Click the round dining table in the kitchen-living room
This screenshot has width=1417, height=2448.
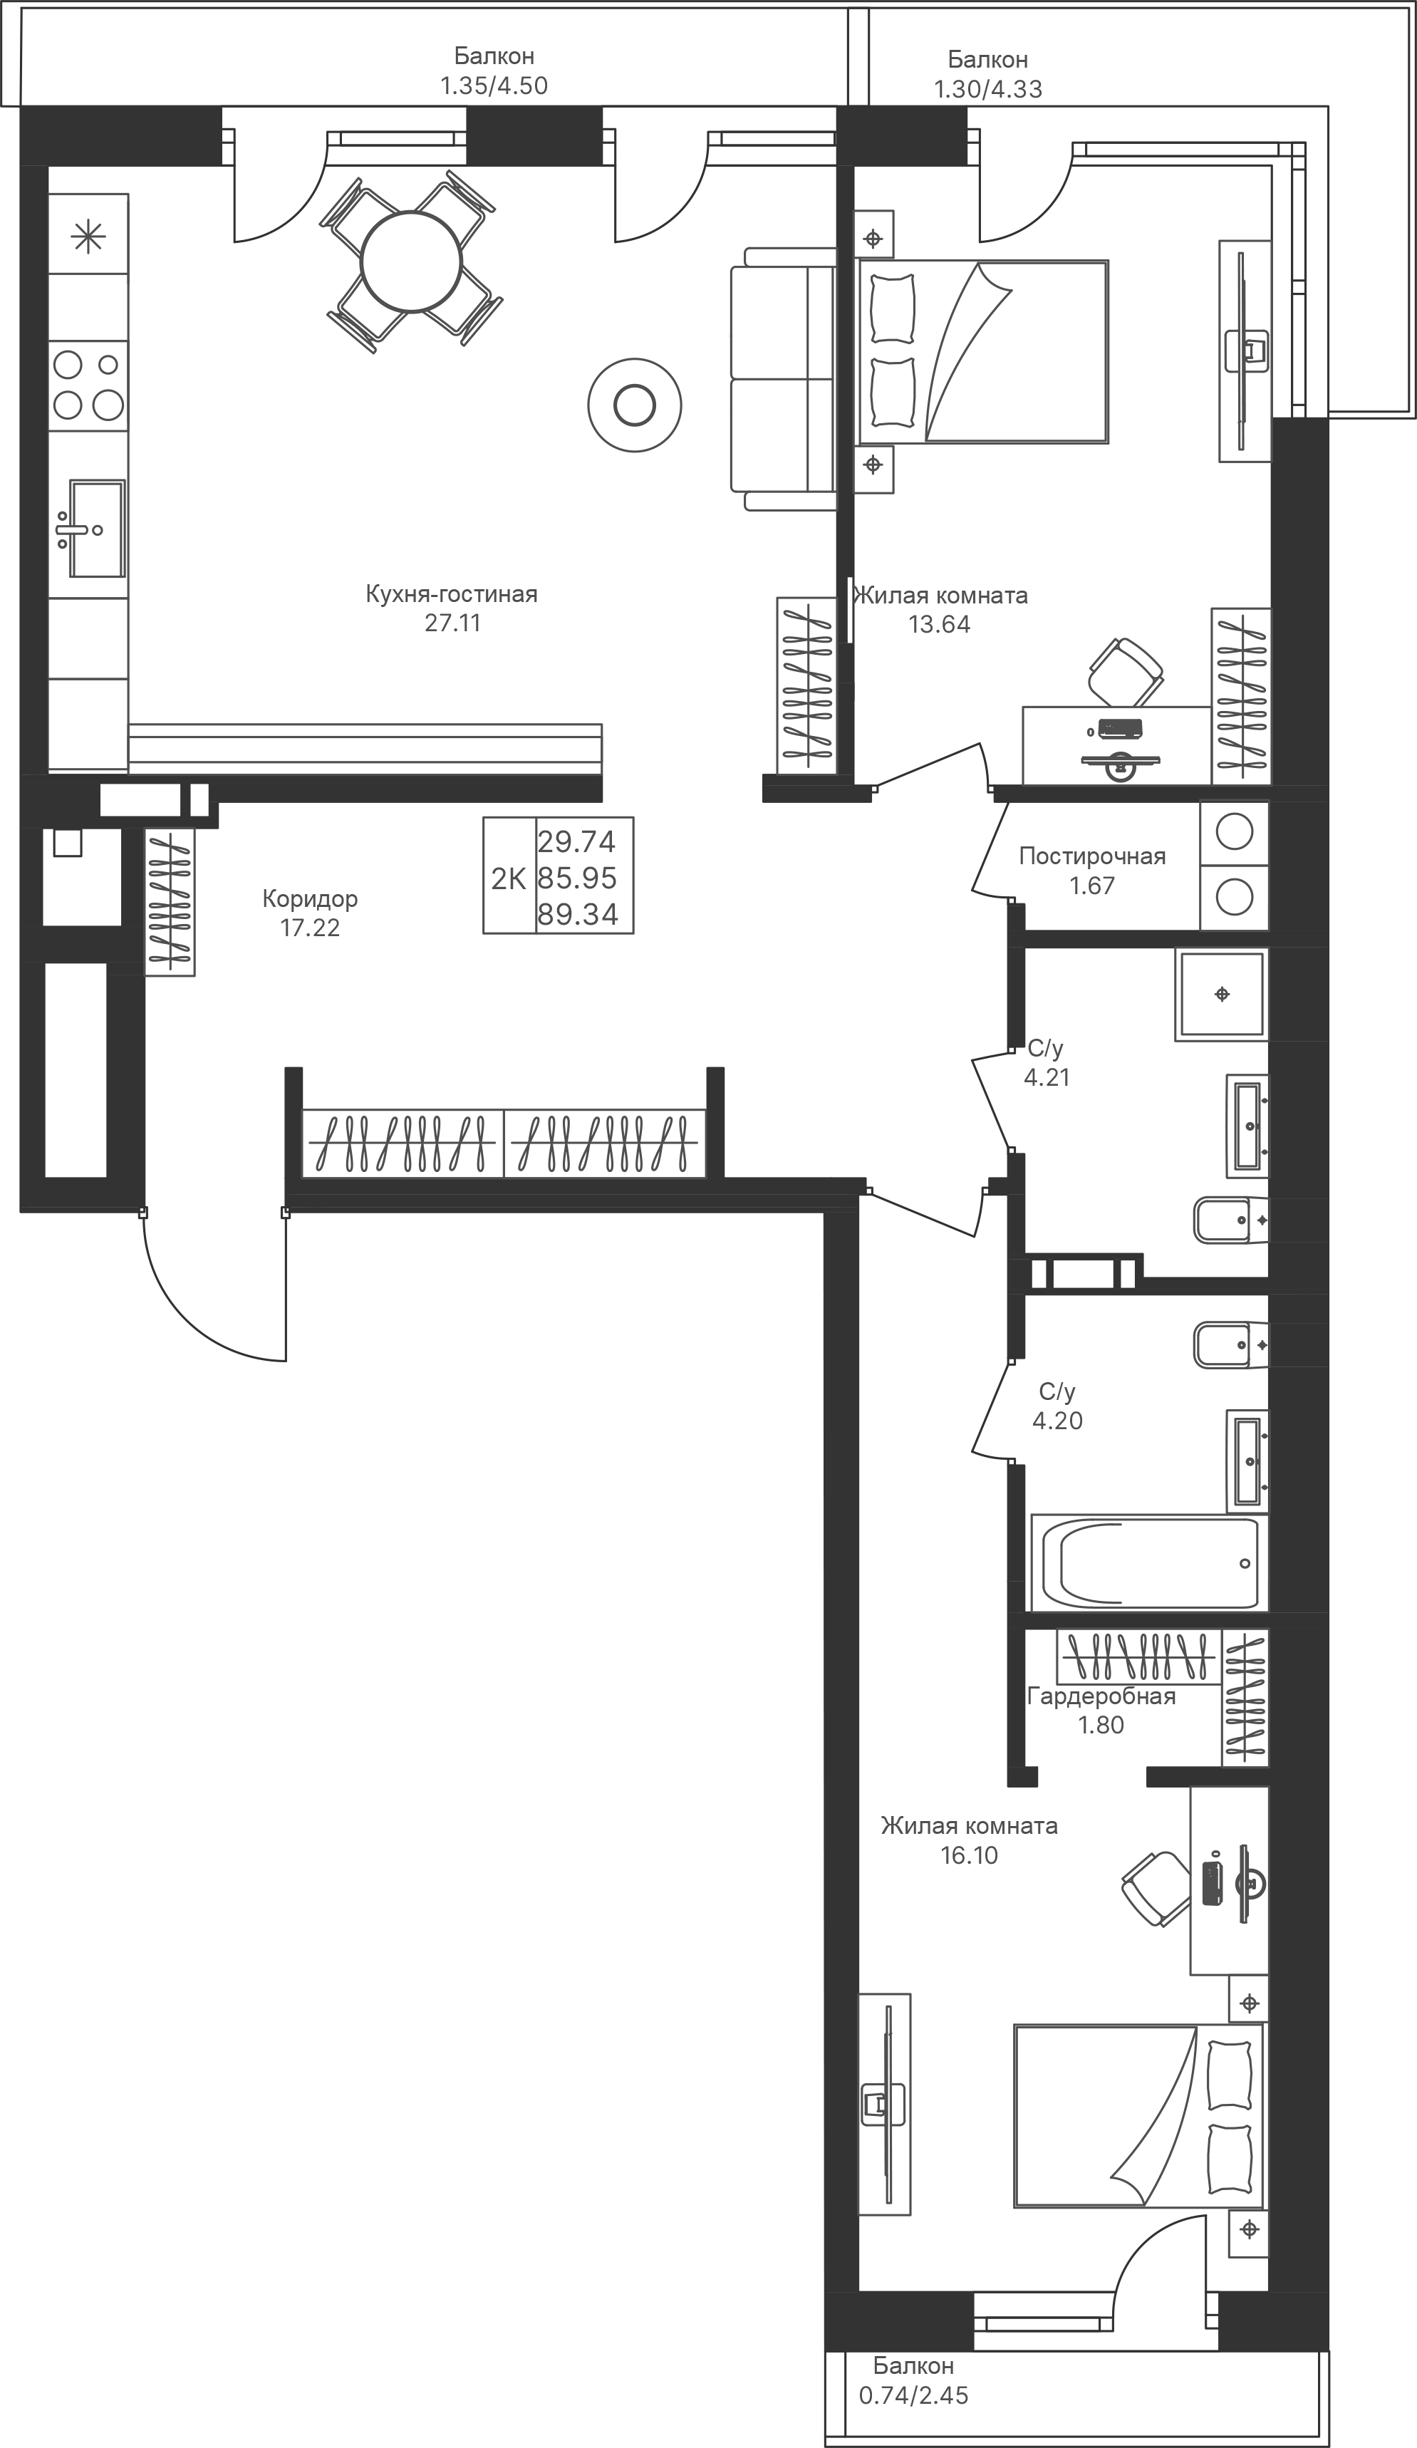[412, 262]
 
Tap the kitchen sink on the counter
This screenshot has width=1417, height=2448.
[93, 529]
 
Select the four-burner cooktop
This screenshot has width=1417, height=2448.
[88, 385]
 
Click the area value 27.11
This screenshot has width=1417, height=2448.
[452, 623]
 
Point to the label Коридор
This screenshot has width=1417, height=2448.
[310, 898]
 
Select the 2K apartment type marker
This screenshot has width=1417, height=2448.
[509, 879]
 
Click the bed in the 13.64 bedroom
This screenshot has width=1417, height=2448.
[982, 352]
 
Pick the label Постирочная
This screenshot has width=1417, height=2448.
[1091, 856]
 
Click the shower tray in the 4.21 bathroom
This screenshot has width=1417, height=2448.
[1222, 994]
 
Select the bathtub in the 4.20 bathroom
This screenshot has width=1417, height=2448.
[1147, 1563]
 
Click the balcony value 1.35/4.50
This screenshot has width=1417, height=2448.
[494, 85]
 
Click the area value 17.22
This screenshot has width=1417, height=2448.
[310, 928]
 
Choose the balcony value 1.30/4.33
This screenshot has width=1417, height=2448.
[987, 89]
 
